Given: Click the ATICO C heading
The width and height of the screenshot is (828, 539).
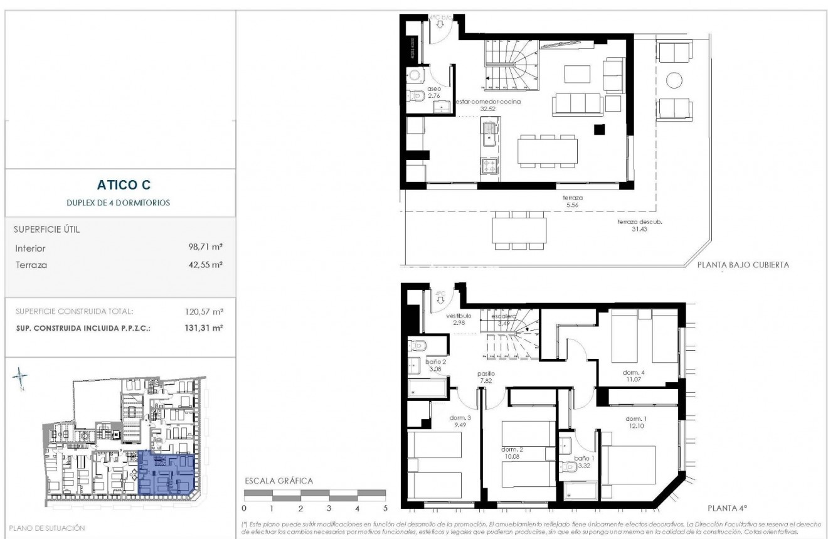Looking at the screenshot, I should click(x=124, y=184).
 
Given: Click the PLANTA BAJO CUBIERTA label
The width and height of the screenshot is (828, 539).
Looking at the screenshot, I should click(x=743, y=265).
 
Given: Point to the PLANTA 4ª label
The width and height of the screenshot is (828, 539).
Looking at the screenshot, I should click(x=728, y=508).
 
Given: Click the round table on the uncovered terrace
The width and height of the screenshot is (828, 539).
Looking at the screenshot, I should click(x=674, y=80).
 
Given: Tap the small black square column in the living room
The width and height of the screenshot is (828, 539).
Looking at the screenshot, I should click(x=600, y=129).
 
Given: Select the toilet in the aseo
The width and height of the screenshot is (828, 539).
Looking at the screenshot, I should click(x=414, y=96).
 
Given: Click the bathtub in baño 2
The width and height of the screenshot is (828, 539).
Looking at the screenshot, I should click(x=427, y=390).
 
